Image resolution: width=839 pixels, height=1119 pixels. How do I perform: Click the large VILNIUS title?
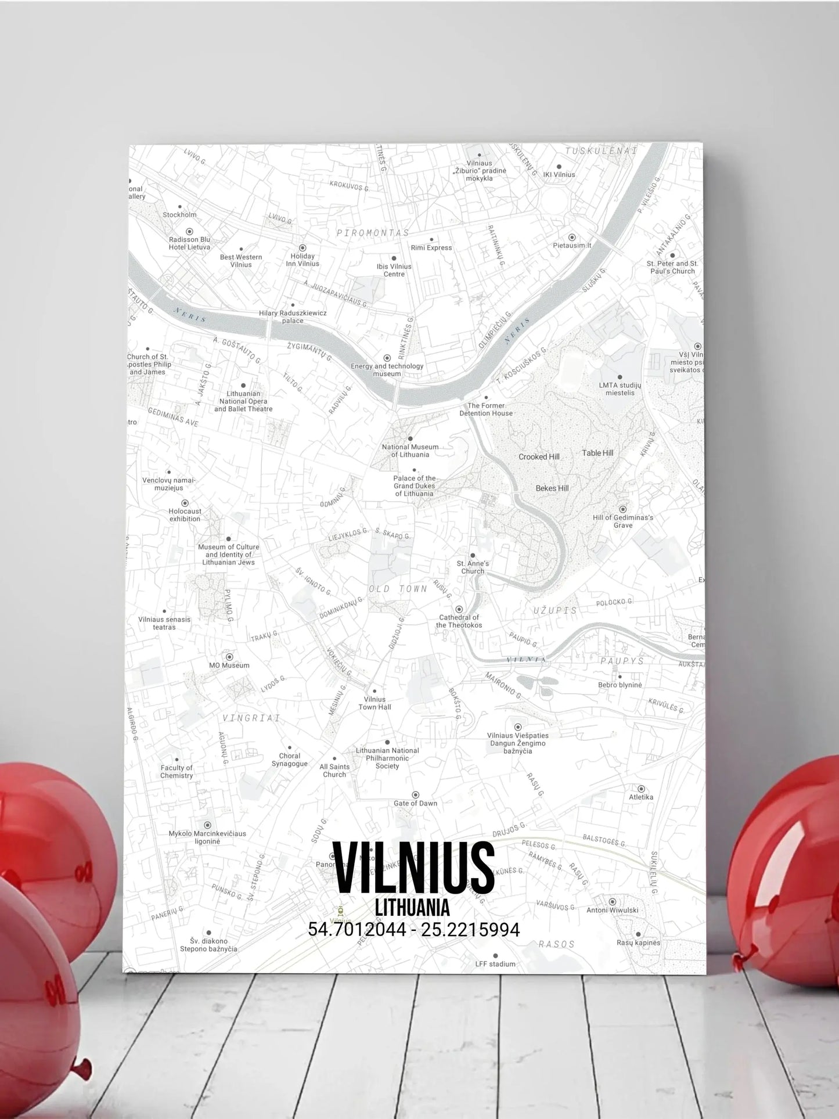point(414,867)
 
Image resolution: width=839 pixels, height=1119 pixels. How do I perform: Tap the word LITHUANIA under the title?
point(412,906)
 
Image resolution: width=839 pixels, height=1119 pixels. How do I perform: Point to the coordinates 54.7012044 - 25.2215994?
point(413,930)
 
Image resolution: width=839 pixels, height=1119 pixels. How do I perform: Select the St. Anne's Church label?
point(473,567)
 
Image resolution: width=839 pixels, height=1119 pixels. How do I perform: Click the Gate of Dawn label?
point(415,803)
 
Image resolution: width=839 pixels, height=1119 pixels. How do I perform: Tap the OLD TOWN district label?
point(398,589)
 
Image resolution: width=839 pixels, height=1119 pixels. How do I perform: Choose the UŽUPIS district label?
point(556,610)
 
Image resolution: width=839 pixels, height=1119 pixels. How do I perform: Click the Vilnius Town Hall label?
point(375,703)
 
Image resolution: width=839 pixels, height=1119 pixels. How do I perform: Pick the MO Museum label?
point(229,665)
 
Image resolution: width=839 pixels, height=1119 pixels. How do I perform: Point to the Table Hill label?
point(597,453)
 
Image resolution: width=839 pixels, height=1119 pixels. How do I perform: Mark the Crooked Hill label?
point(539,456)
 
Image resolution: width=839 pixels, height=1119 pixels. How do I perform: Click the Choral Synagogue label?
point(289,760)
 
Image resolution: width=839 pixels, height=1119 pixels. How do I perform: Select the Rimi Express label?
point(431,247)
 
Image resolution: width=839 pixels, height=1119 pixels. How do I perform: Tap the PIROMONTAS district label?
point(373,232)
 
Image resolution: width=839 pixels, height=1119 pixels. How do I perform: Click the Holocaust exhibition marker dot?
point(185,503)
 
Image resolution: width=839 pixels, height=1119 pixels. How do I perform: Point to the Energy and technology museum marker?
point(387,358)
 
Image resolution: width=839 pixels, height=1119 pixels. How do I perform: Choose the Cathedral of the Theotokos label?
point(459,621)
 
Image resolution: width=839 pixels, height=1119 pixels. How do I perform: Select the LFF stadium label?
point(495,964)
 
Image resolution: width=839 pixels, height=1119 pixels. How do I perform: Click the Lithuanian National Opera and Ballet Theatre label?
point(243,401)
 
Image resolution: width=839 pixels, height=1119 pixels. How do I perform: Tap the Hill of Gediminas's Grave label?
point(623,521)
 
